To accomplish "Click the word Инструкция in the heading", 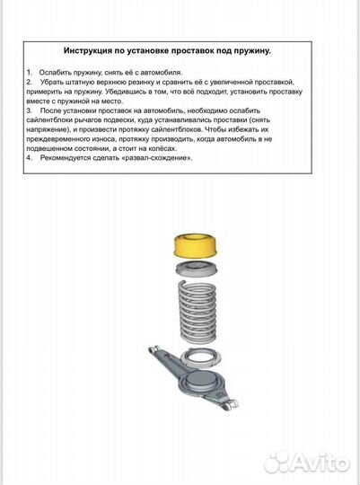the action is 93,52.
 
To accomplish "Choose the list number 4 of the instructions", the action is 29,156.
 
